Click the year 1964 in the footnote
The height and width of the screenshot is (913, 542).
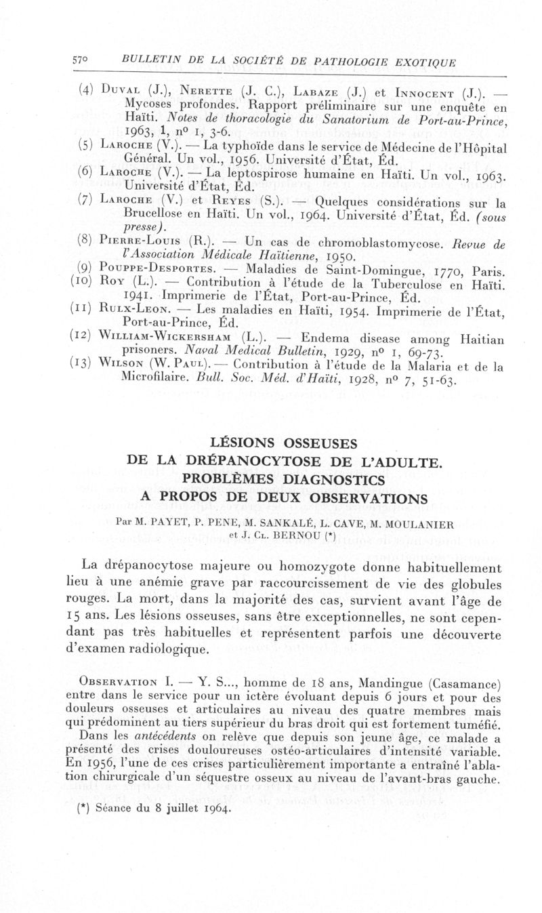click(211, 807)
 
